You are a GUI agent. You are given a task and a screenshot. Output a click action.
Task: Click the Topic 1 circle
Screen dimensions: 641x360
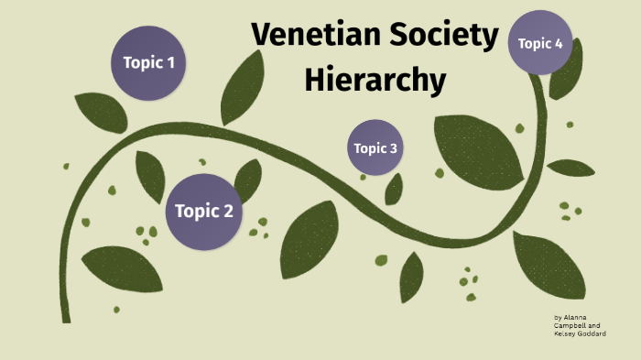[148, 63]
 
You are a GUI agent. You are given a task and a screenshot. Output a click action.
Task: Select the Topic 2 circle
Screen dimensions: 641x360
[203, 212]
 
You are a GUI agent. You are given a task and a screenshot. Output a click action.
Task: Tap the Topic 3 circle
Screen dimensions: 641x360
[375, 147]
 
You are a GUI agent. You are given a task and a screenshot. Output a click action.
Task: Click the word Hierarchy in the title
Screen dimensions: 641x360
[375, 81]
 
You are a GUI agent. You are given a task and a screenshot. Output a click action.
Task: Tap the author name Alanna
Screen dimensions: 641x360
[575, 318]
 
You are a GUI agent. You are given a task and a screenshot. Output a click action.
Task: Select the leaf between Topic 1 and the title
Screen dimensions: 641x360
[242, 87]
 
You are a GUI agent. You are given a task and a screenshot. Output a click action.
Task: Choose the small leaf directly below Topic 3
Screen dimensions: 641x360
[395, 189]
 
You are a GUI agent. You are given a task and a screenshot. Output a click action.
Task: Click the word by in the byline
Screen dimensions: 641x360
[558, 318]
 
